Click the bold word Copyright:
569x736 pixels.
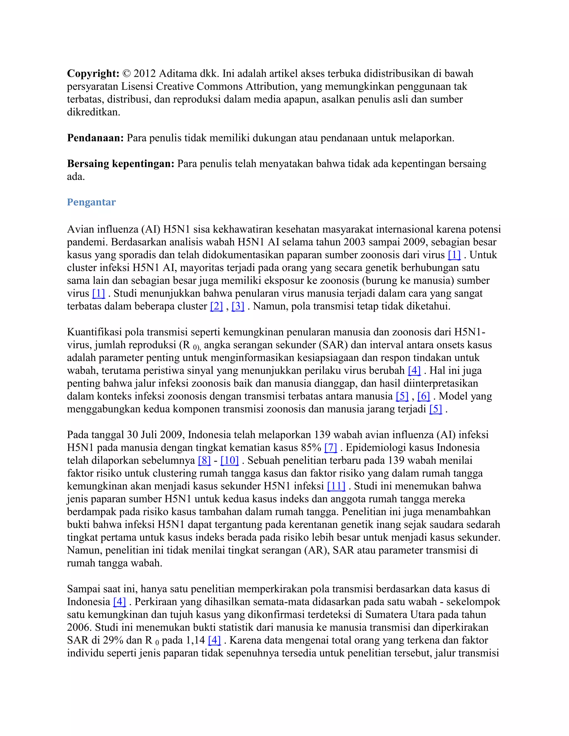(93, 74)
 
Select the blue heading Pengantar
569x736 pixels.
(91, 202)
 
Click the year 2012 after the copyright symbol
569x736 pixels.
(144, 74)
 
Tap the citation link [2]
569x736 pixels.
(216, 306)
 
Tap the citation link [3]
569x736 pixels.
(238, 306)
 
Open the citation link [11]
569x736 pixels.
(336, 486)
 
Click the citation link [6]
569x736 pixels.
(424, 396)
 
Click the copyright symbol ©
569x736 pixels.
(126, 74)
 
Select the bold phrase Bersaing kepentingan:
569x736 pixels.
(121, 164)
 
